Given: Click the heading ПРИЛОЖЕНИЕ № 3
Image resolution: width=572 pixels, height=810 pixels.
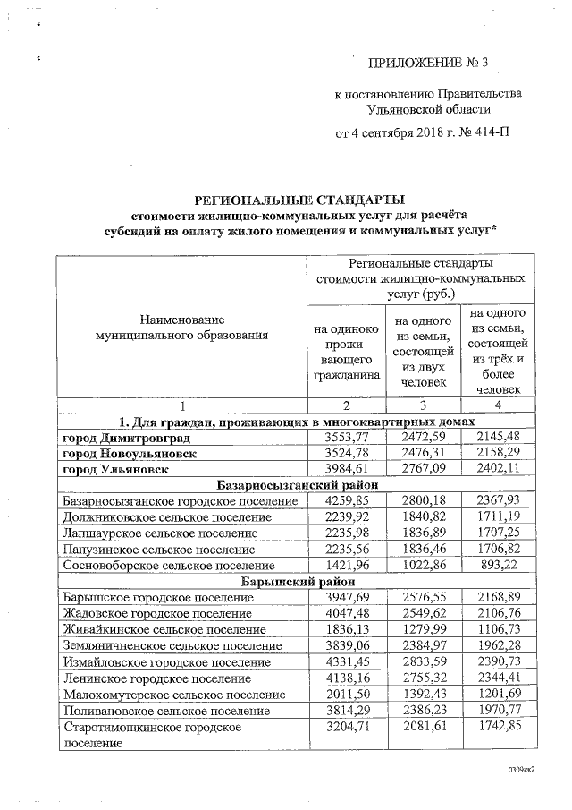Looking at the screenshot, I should pos(429,63).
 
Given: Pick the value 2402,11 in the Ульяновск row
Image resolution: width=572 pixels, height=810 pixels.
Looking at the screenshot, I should pos(497,469).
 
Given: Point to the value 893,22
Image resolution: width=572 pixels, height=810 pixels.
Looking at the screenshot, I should pos(497,566).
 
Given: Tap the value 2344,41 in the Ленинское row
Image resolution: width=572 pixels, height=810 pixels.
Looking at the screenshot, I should pos(497,678).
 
